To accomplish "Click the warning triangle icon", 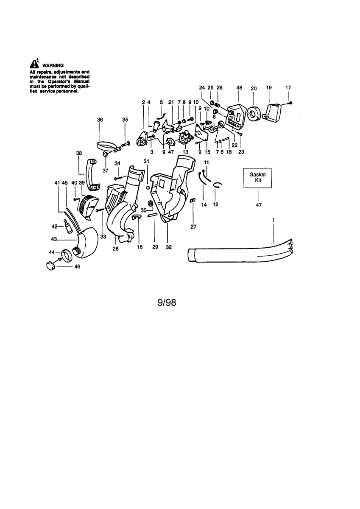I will (x=34, y=64).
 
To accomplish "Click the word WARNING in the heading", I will (x=53, y=66).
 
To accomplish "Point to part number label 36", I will (x=100, y=120).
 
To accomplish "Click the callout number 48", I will (x=239, y=88).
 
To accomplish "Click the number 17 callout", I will (x=288, y=88).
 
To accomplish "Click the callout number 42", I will (x=55, y=226).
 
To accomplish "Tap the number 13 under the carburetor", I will (x=185, y=151).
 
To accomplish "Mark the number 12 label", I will (x=215, y=205).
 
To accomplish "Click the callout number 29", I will (x=154, y=247).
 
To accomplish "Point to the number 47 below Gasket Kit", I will (x=259, y=205).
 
